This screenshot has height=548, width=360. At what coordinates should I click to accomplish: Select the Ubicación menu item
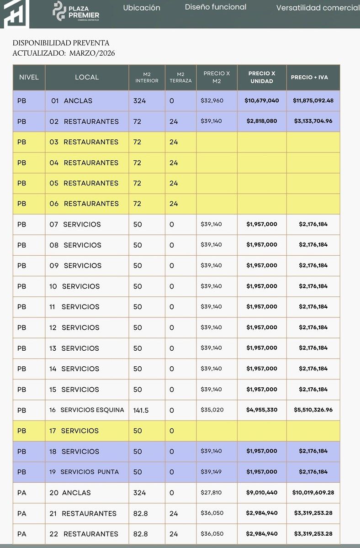tap(142, 8)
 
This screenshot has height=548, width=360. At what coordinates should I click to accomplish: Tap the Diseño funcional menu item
tap(216, 7)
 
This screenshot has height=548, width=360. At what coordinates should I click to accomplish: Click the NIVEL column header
tap(29, 77)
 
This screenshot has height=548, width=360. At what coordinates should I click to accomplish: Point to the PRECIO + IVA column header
tap(309, 77)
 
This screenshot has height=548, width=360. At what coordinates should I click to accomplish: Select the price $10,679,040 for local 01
tap(262, 100)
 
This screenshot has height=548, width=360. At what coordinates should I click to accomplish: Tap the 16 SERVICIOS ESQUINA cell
tap(87, 410)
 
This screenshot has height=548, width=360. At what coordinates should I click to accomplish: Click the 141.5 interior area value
tap(141, 410)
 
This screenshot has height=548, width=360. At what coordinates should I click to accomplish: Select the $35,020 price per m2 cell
tap(212, 410)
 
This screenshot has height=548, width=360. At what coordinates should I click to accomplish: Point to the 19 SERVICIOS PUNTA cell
tap(84, 472)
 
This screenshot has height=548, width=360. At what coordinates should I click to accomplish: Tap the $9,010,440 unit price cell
tap(262, 492)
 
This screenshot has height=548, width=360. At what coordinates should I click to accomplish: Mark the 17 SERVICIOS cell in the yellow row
tap(74, 431)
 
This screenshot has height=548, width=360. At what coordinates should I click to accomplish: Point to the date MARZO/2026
tap(92, 53)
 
